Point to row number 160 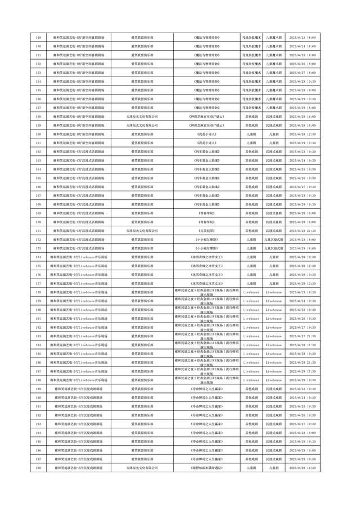[38, 134]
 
